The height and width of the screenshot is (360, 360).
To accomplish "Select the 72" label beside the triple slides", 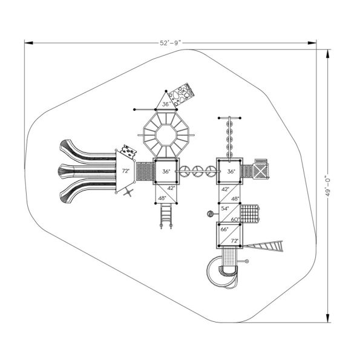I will click(126, 171).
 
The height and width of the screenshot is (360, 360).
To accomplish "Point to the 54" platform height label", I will click(225, 208).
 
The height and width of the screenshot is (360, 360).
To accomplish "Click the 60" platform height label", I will click(235, 218).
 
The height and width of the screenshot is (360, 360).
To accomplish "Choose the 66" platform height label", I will click(225, 230).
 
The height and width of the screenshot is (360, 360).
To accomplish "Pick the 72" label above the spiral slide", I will click(235, 241).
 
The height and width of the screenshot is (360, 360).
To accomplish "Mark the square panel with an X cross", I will click(261, 171).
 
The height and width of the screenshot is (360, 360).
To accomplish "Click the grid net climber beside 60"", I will click(250, 214).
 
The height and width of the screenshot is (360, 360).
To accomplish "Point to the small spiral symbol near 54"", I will click(209, 213).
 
